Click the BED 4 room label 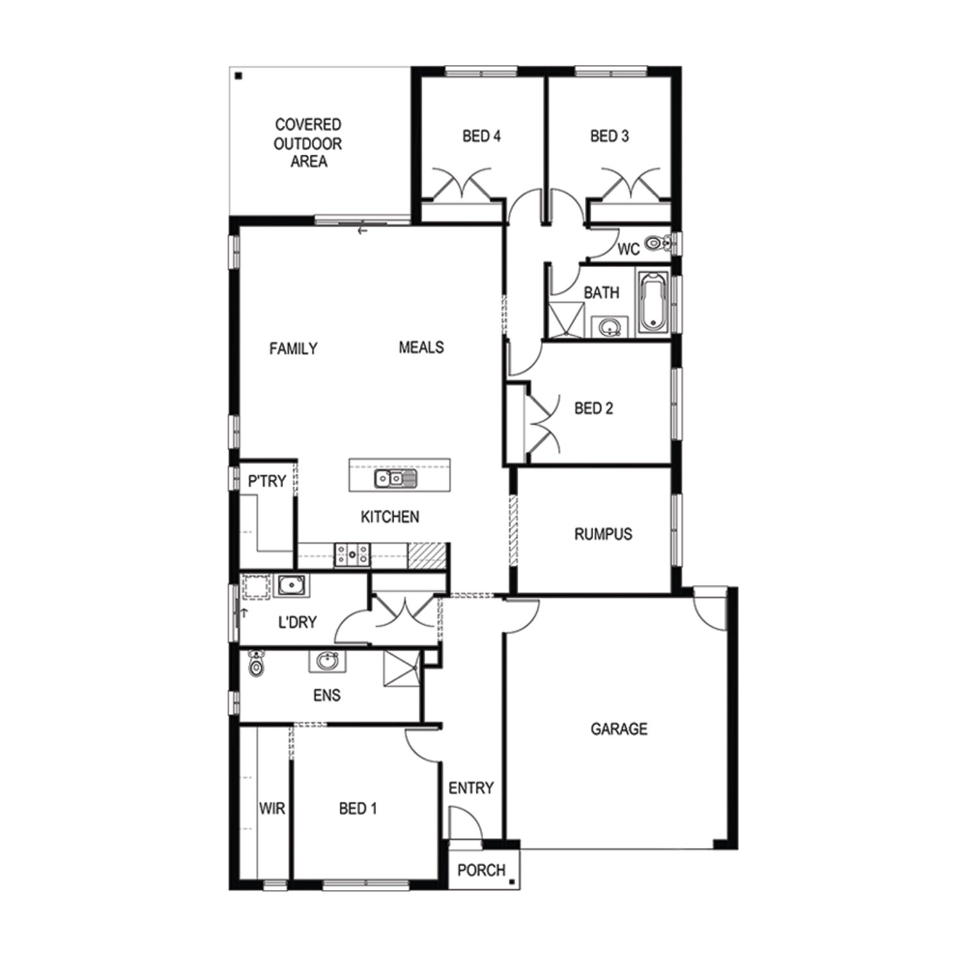pos(481,136)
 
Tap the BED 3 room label pos(609,136)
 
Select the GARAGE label pos(619,729)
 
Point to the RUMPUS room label pos(603,534)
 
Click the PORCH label pos(481,871)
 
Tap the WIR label pos(272,808)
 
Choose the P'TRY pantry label pos(267,481)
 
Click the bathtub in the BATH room pos(653,302)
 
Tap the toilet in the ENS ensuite pos(256,664)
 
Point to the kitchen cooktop pos(352,555)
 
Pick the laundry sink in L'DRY pos(291,586)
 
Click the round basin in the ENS pos(327,661)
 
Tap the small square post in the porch pos(511,881)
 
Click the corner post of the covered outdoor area pos(238,76)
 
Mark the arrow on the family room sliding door pos(363,230)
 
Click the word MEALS pos(421,347)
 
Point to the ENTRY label pos(471,788)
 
